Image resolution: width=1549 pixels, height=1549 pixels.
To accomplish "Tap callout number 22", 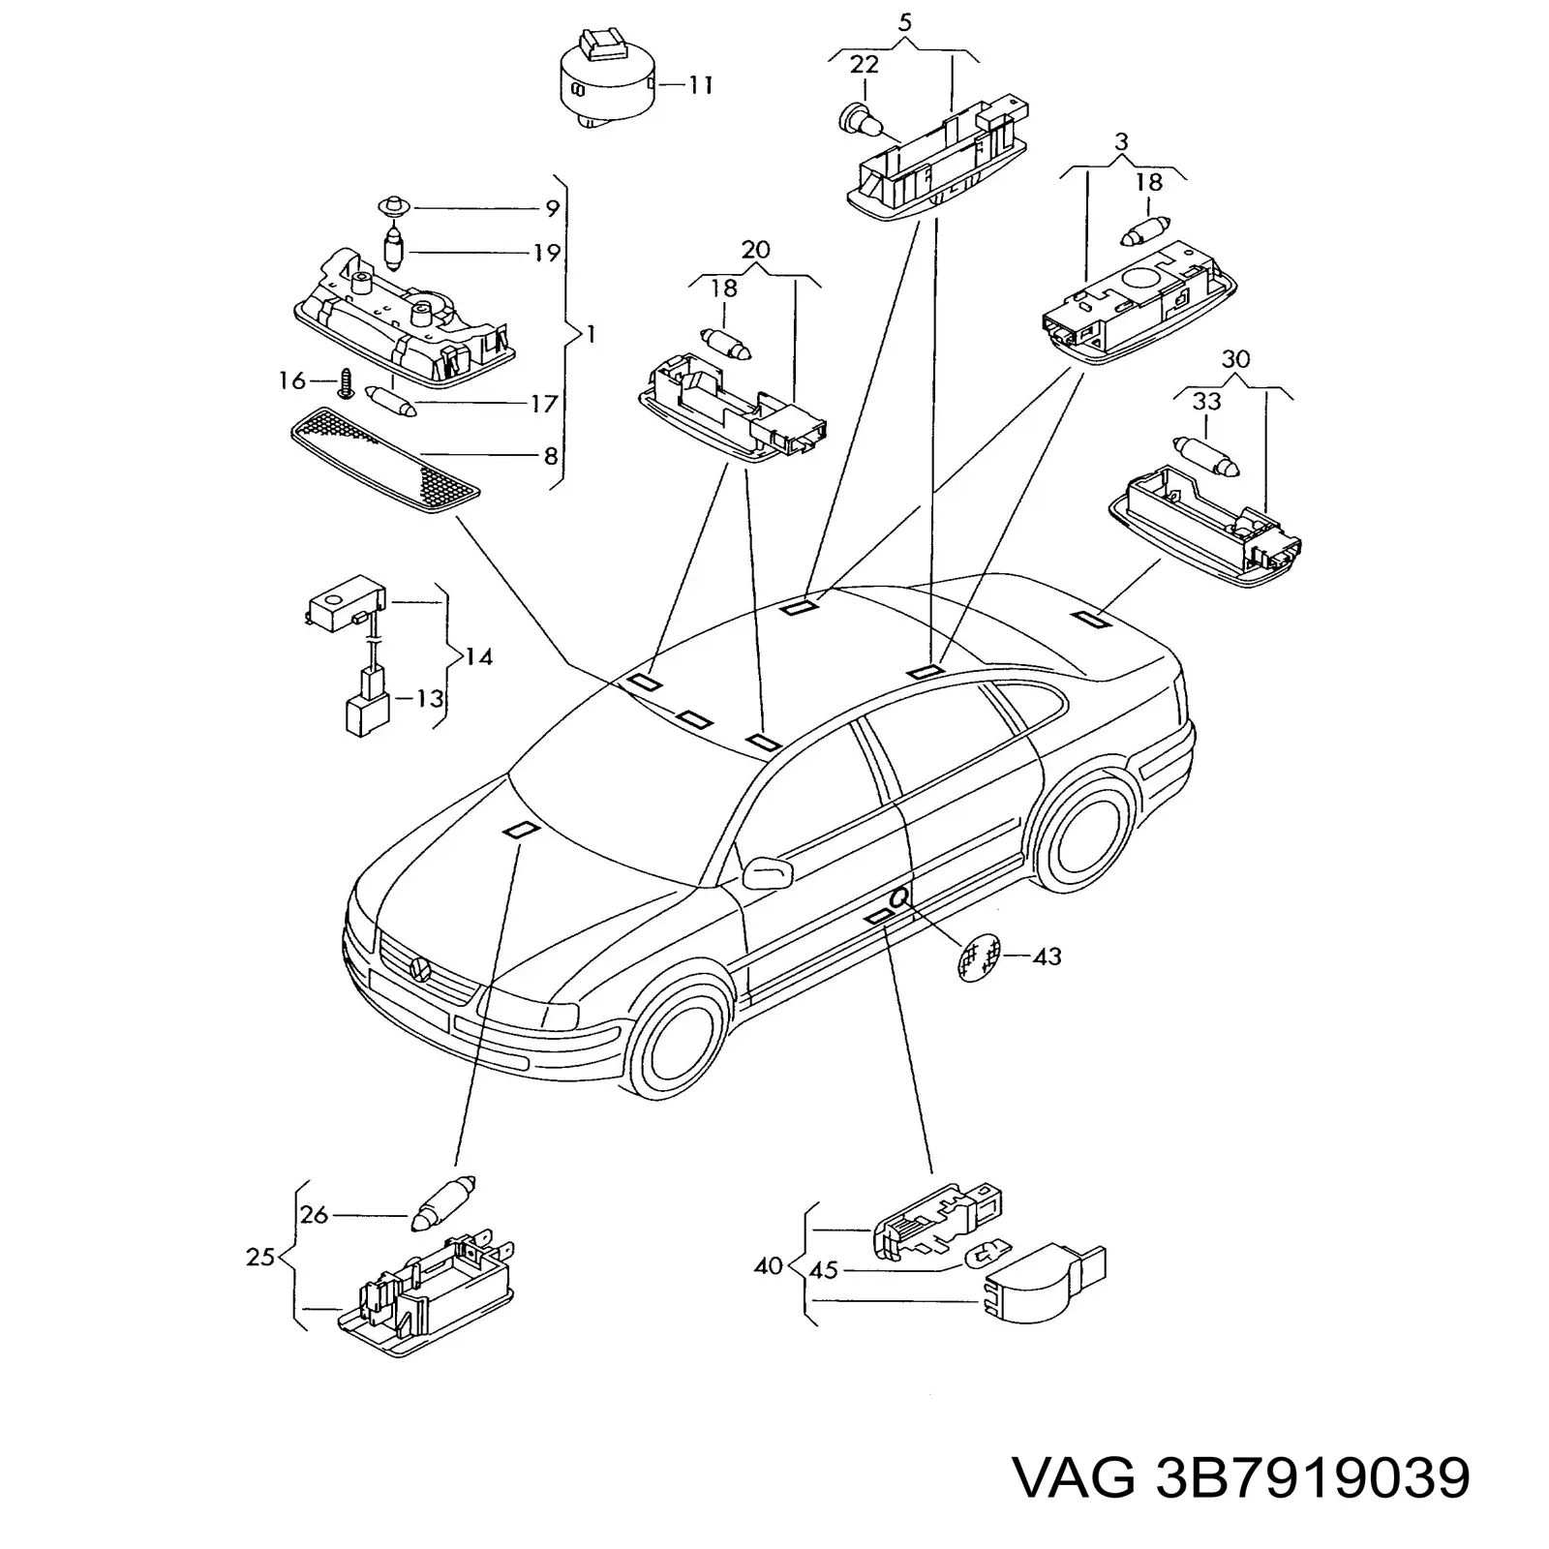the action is click(x=864, y=64).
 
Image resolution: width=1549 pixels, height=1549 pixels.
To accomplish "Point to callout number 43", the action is click(x=1047, y=957).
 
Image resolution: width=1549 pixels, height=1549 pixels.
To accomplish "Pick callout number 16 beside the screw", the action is click(x=292, y=380).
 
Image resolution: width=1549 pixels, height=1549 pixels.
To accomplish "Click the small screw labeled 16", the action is click(x=344, y=382).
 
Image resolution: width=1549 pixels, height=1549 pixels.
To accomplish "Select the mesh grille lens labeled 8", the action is click(x=385, y=459).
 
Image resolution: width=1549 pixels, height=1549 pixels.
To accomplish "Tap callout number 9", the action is click(x=552, y=208).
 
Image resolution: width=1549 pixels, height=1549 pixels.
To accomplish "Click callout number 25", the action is click(x=261, y=1259).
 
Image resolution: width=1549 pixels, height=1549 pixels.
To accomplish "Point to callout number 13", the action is click(x=429, y=697).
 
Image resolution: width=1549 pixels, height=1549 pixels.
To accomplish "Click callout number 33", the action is click(x=1206, y=400).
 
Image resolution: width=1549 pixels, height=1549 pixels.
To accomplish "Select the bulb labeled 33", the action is click(x=1206, y=455).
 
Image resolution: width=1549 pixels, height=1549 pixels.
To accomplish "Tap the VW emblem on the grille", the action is click(x=420, y=965).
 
